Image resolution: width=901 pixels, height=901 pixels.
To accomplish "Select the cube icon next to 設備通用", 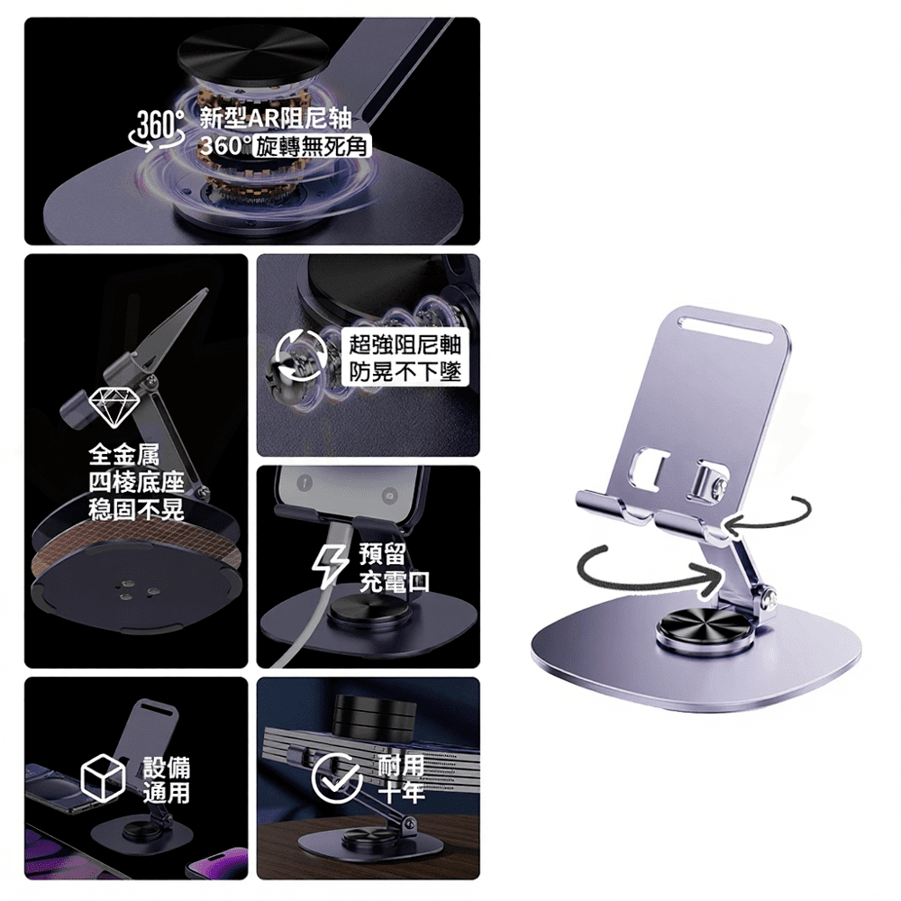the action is [x=103, y=778].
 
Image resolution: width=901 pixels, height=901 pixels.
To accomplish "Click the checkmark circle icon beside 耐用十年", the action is [x=337, y=778].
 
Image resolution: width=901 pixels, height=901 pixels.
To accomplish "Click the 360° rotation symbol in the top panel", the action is [x=156, y=131].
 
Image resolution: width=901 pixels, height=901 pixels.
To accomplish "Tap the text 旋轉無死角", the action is [x=312, y=147].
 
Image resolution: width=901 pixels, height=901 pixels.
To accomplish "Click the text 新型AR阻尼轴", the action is [x=275, y=118].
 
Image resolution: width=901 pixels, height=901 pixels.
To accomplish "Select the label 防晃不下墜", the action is [x=405, y=372].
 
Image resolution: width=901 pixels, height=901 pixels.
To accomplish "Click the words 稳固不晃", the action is [x=136, y=509].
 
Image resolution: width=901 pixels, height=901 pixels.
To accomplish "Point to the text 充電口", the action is [x=395, y=582].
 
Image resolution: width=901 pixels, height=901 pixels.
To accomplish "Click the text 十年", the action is [x=402, y=792].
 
